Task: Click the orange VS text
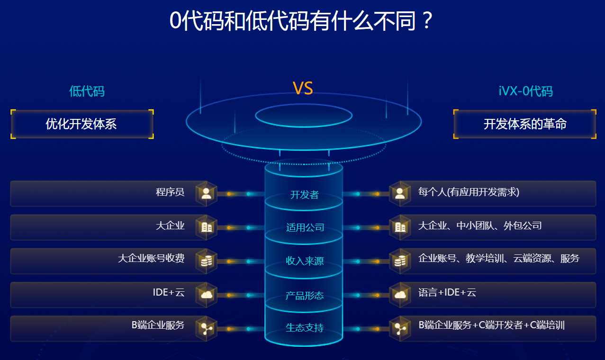tap(303, 89)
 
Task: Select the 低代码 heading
tap(87, 91)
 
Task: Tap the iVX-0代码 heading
tap(525, 91)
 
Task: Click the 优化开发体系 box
tap(81, 124)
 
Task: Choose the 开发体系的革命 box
tap(525, 124)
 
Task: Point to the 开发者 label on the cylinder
tap(304, 195)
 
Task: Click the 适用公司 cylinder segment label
tap(305, 227)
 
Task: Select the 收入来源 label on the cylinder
tap(305, 261)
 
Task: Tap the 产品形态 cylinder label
tap(305, 296)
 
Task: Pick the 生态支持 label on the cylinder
tap(305, 328)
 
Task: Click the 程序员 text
tap(170, 192)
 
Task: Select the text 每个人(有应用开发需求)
tap(469, 192)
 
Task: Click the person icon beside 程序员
tap(206, 193)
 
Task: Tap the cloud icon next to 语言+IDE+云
tap(400, 295)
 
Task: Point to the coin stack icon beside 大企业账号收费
tap(206, 261)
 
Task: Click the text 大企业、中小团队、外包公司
tap(479, 226)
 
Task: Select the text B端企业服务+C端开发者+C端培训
tap(491, 325)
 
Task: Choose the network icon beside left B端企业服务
tap(206, 328)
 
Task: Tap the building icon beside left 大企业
tap(206, 227)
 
